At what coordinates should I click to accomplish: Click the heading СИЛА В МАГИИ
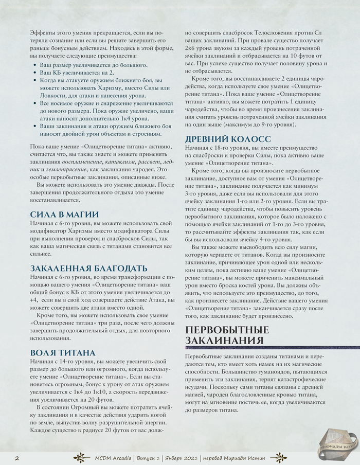tap(64, 214)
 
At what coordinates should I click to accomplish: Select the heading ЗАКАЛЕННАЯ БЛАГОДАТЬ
tap(89, 268)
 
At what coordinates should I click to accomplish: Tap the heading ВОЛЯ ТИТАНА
tap(63, 352)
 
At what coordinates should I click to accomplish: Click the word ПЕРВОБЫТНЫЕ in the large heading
tap(227, 329)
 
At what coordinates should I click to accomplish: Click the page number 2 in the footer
tap(17, 457)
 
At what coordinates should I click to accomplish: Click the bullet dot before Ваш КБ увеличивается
tap(34, 73)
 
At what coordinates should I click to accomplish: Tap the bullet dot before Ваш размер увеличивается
tap(34, 65)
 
